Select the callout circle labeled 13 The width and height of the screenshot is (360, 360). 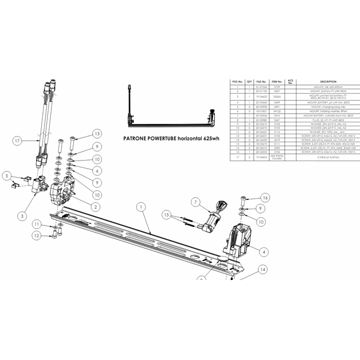97,133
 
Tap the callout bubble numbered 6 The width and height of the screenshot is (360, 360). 98,171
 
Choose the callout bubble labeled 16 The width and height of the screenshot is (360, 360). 264,198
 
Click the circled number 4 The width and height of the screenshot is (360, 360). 263,250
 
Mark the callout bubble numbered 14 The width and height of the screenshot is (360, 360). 262,269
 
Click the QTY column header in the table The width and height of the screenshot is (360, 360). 249,82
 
